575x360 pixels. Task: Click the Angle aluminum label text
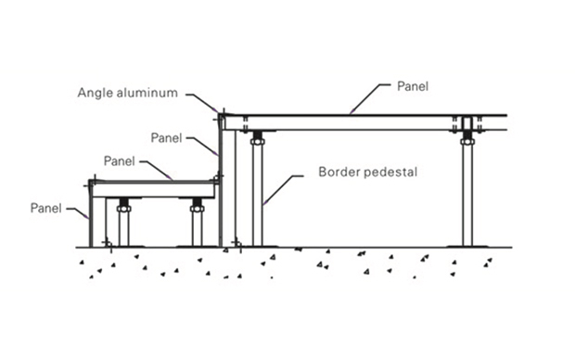coord(128,93)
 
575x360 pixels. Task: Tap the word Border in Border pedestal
coord(339,172)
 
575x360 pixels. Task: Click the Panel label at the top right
coord(413,86)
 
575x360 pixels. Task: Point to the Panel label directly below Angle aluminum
coord(167,138)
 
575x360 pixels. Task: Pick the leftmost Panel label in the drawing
coord(45,208)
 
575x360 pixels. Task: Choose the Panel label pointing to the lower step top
coord(120,161)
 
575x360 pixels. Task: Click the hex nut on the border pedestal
coord(258,141)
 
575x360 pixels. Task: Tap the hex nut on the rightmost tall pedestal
coord(467,141)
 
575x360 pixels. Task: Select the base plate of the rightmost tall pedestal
coord(467,246)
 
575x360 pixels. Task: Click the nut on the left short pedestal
coord(124,209)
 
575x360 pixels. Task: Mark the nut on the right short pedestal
coord(198,209)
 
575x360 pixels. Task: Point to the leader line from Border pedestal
coord(283,189)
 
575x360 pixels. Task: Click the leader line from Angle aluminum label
coord(201,102)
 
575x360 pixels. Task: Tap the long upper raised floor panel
coord(364,122)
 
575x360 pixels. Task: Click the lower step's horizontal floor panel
coord(153,189)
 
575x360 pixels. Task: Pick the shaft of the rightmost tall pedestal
coord(467,195)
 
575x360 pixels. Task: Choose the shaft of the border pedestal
coord(258,195)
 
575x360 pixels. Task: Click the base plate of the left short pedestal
coord(124,246)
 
